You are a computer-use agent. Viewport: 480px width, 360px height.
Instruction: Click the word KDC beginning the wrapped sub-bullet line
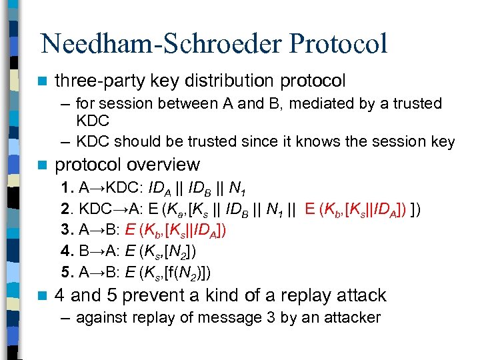[93, 122]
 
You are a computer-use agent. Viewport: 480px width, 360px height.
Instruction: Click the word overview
[167, 165]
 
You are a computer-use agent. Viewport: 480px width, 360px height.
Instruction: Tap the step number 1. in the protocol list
[67, 187]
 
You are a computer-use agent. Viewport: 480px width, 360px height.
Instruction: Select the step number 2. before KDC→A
[67, 210]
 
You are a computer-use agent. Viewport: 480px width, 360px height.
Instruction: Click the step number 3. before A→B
[67, 231]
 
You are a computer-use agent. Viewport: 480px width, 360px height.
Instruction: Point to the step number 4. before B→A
[67, 253]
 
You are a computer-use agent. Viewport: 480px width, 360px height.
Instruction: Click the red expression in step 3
[175, 232]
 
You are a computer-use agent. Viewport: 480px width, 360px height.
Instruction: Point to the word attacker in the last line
[351, 317]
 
